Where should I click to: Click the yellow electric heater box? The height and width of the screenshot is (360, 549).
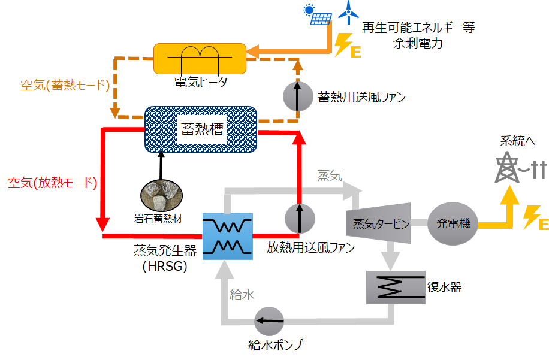pyautogui.click(x=200, y=59)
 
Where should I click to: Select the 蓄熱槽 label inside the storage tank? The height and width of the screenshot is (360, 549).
pyautogui.click(x=202, y=129)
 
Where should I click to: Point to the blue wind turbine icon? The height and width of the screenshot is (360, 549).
pyautogui.click(x=348, y=12)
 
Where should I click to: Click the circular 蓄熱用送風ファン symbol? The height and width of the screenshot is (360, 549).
pyautogui.click(x=298, y=96)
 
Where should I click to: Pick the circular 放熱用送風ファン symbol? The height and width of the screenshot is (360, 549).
pyautogui.click(x=300, y=219)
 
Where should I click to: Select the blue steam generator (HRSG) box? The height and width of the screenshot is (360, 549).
pyautogui.click(x=228, y=237)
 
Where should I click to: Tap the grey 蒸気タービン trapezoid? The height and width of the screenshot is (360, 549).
pyautogui.click(x=379, y=223)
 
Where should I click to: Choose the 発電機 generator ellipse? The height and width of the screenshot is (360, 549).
pyautogui.click(x=453, y=223)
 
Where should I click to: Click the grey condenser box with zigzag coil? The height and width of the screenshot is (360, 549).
pyautogui.click(x=396, y=288)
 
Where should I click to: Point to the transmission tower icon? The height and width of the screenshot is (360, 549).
pyautogui.click(x=507, y=167)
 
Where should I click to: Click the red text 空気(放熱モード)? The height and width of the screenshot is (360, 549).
pyautogui.click(x=53, y=183)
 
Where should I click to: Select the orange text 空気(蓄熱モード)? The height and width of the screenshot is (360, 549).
pyautogui.click(x=65, y=85)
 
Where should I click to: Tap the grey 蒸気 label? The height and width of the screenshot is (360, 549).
pyautogui.click(x=330, y=176)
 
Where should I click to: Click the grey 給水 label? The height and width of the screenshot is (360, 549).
pyautogui.click(x=242, y=295)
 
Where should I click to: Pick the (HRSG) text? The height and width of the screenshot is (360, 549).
pyautogui.click(x=165, y=266)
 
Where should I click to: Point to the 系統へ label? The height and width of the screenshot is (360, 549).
pyautogui.click(x=518, y=141)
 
